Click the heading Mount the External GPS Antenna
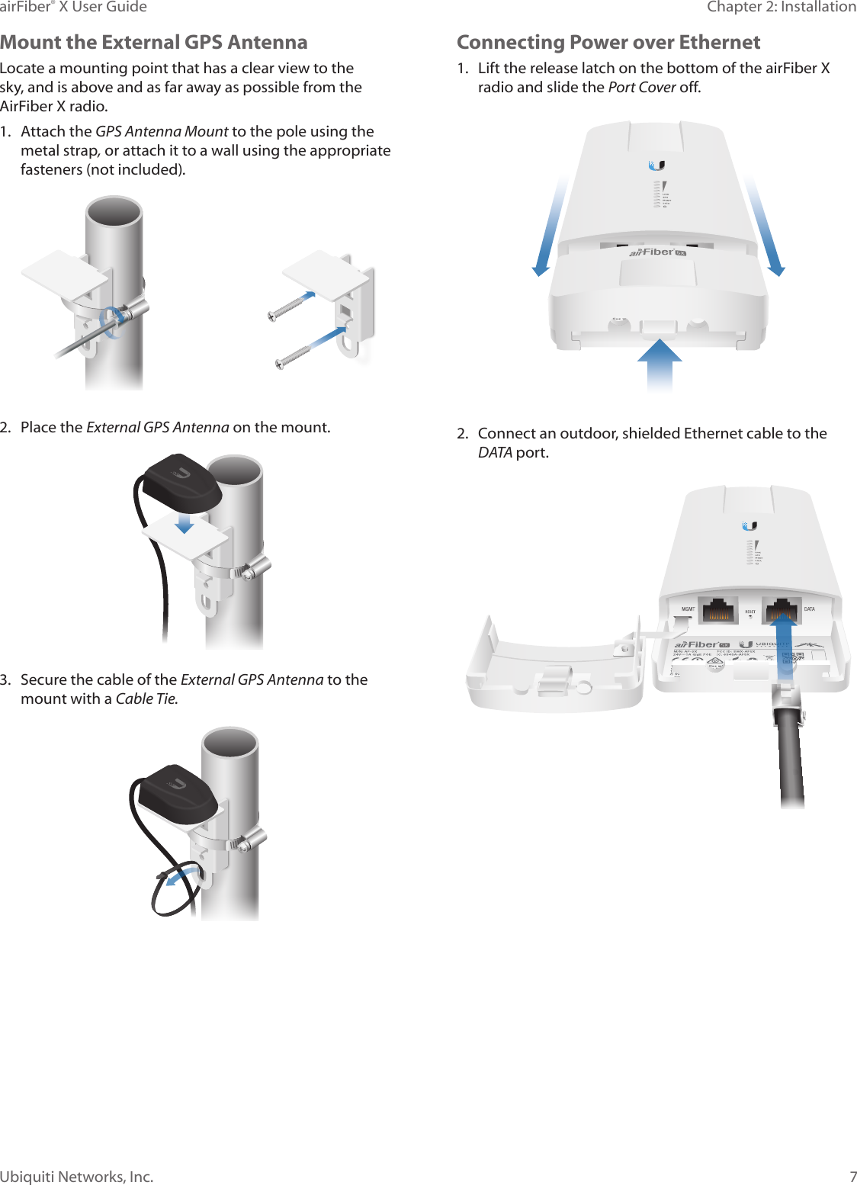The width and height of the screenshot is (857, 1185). tap(154, 42)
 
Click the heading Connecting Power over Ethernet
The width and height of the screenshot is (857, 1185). tap(608, 42)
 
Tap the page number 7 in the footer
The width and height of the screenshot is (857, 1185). tap(852, 1176)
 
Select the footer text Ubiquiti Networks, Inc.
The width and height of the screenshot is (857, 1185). tap(77, 1176)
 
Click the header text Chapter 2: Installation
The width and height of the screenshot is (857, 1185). tap(781, 7)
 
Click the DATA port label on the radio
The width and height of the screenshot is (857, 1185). tap(810, 609)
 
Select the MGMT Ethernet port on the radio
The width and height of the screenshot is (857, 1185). tap(717, 611)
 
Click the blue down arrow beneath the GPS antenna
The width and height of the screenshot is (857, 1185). tap(184, 522)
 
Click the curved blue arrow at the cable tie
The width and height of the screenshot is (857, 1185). tap(183, 875)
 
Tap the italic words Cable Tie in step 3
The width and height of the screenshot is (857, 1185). tap(146, 698)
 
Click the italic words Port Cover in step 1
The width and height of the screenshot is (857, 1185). tap(642, 87)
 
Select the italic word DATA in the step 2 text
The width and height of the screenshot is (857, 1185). tap(494, 452)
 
